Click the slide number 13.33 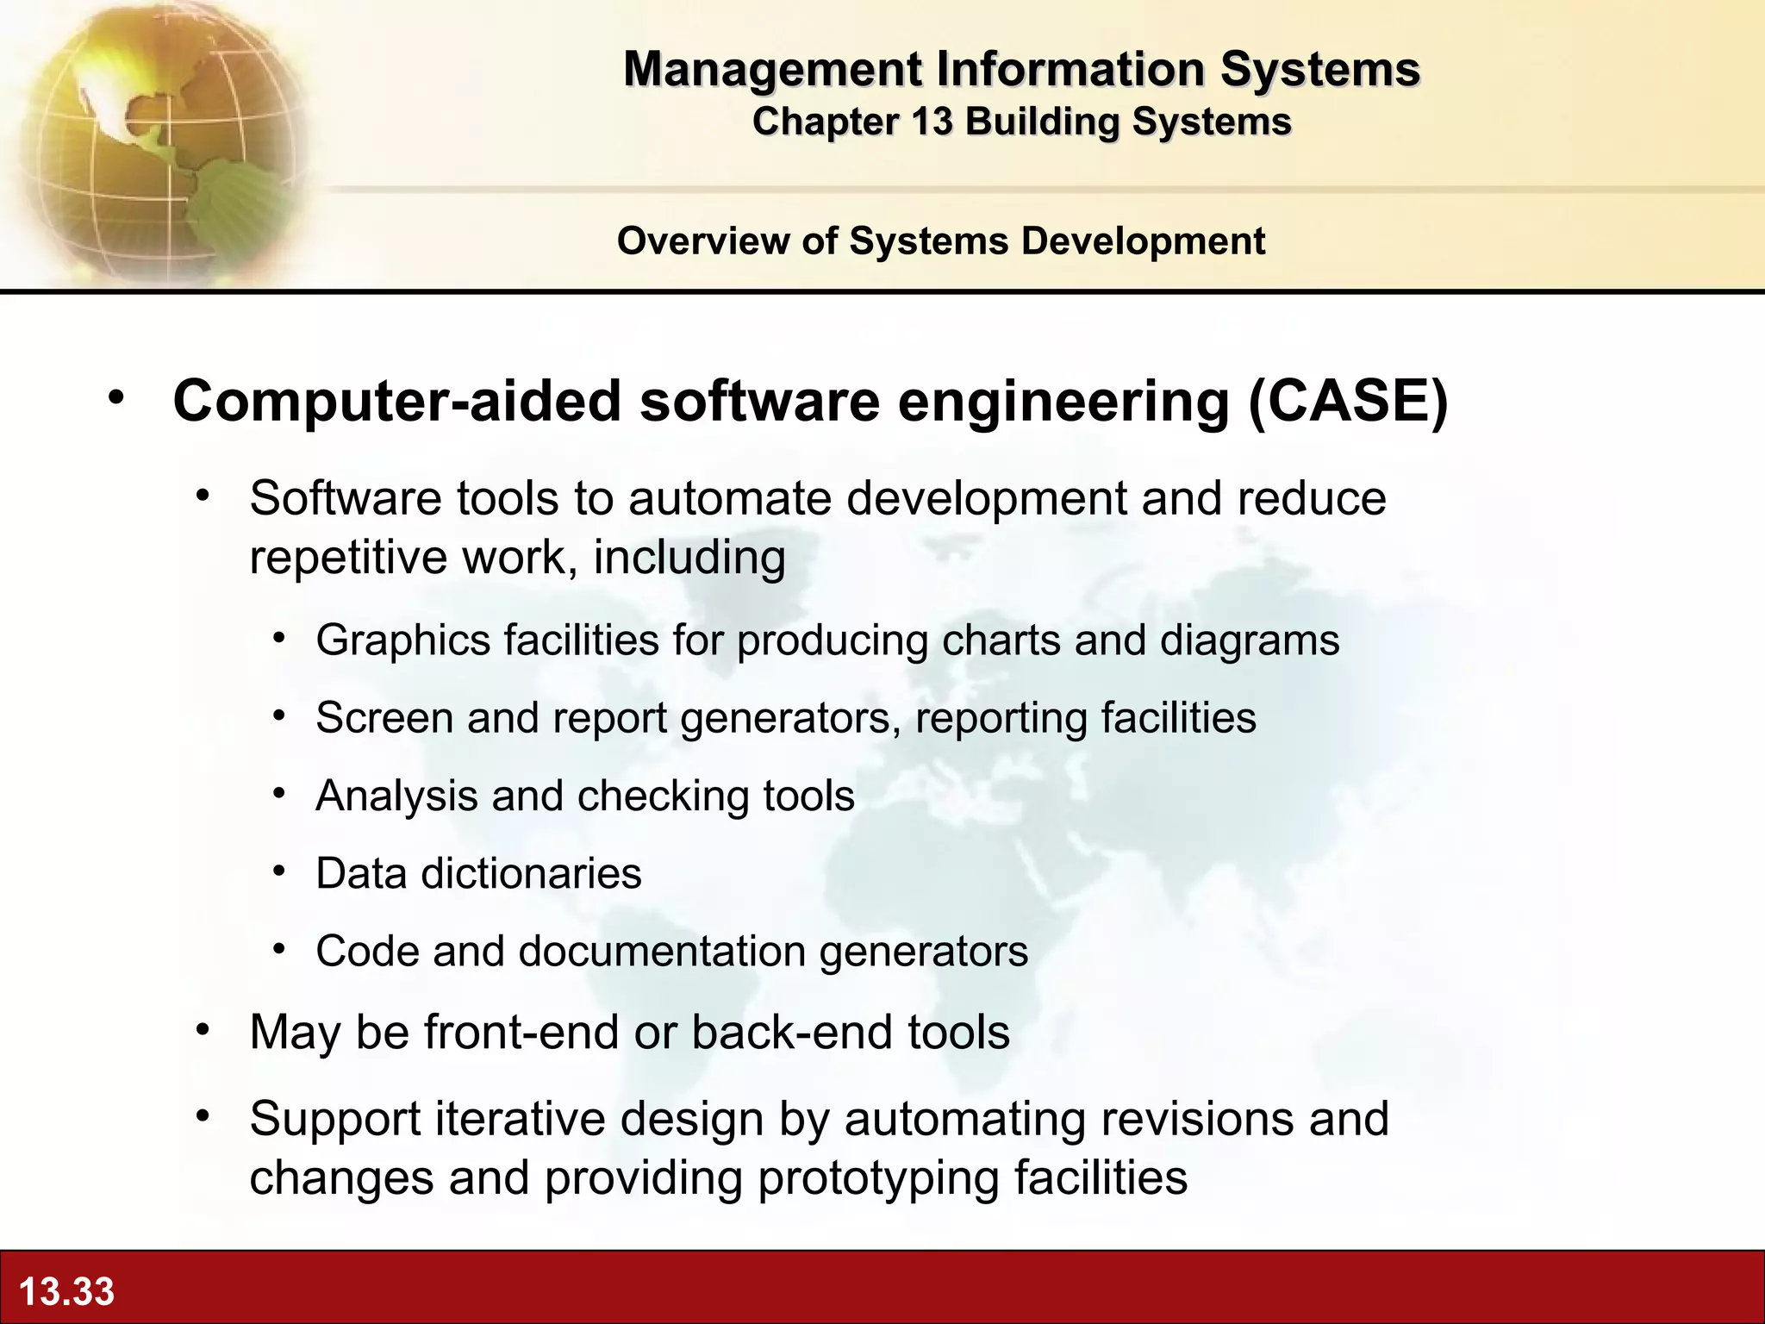(x=66, y=1291)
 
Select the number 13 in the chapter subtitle (x=931, y=122)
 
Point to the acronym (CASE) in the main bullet (x=1348, y=401)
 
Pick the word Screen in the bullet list (x=384, y=717)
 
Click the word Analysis (x=396, y=796)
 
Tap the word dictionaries (x=531, y=873)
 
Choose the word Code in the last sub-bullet (x=366, y=951)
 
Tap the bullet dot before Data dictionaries (x=278, y=871)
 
